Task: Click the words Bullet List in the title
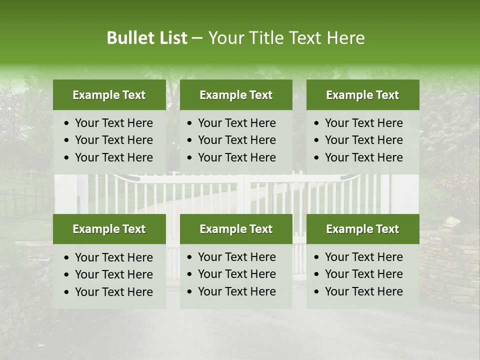[146, 38]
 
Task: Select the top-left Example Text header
[109, 95]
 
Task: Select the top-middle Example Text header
[236, 95]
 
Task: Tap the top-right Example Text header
[362, 95]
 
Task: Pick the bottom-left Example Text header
[109, 229]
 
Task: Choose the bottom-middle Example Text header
[236, 229]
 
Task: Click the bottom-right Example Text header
[362, 229]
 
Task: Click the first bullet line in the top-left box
[113, 123]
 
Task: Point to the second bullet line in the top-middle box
[236, 140]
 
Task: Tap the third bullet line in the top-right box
[363, 157]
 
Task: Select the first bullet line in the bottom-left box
[113, 257]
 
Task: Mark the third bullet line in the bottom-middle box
[236, 291]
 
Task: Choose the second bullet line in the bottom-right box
[363, 274]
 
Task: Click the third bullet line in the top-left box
[113, 157]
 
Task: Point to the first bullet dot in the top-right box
[316, 123]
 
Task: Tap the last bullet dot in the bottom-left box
[66, 292]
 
